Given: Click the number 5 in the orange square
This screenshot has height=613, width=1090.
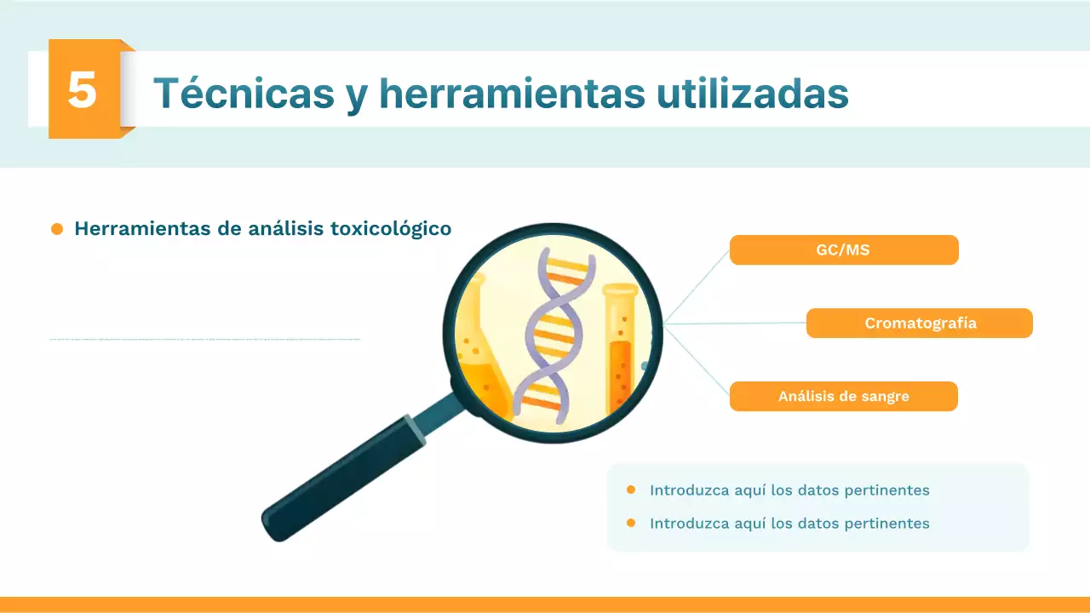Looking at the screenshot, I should pos(83,89).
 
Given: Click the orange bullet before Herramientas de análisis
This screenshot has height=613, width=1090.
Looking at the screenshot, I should pos(57,229).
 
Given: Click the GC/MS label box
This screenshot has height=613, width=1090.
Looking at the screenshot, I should pos(843,250).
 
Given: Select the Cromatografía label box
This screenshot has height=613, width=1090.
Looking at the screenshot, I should pos(920,324).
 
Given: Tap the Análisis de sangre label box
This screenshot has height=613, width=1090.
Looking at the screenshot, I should pos(843,397).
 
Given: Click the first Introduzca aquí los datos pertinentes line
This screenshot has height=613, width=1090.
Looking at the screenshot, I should pos(789,490).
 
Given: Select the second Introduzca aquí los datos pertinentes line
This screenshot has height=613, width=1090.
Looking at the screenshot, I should pos(789,524).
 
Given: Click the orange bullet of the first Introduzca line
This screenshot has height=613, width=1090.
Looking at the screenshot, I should pos(631,490).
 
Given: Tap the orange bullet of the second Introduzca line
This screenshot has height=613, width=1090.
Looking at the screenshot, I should pos(631,523).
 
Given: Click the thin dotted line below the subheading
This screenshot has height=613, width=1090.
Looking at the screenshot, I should pos(204,340).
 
